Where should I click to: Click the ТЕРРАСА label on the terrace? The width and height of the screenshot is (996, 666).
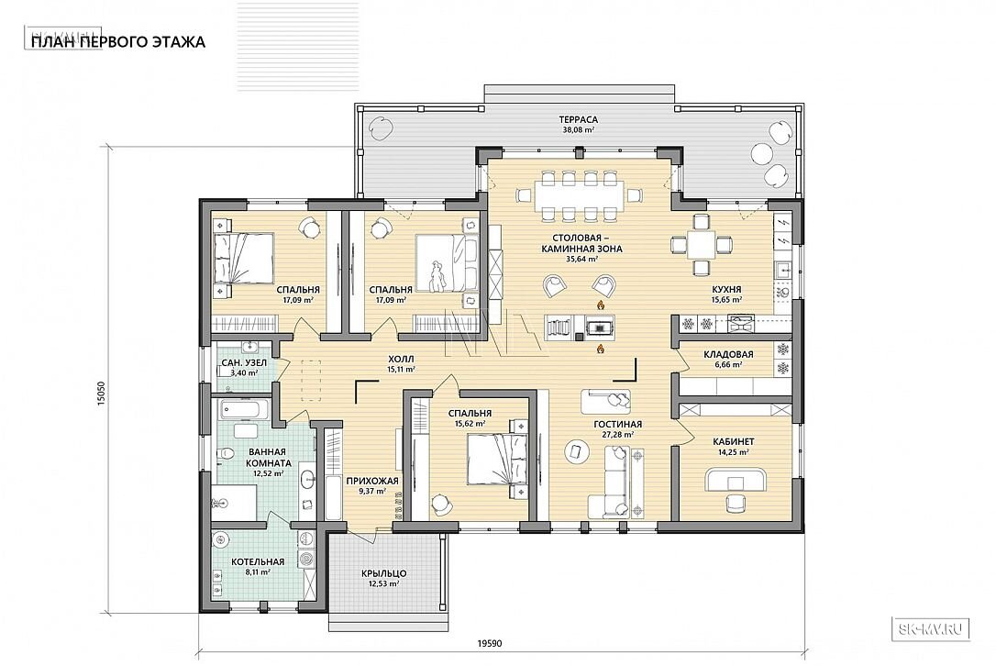point(578,119)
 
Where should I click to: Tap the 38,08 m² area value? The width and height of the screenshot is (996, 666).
point(578,129)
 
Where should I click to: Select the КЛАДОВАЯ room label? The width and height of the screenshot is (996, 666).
point(728,355)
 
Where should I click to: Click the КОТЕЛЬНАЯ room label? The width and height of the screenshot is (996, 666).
point(258,561)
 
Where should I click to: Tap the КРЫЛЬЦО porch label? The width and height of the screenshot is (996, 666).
point(383,573)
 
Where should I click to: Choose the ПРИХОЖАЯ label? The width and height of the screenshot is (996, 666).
point(372,481)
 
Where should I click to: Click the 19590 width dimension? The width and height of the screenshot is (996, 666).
point(489,643)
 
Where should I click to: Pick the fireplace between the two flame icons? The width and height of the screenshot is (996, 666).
point(598,327)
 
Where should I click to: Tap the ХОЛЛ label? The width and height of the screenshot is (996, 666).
point(400,359)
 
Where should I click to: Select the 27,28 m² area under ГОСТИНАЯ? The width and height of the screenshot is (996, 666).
point(617,435)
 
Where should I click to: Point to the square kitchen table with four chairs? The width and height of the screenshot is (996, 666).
point(701,244)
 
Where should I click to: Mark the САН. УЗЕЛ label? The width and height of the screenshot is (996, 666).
point(239,362)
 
